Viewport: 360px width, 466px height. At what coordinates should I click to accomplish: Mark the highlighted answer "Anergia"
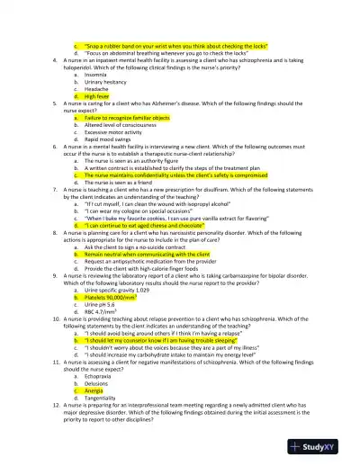pyautogui.click(x=94, y=391)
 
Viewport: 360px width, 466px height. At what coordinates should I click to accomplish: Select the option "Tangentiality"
pyautogui.click(x=102, y=399)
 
